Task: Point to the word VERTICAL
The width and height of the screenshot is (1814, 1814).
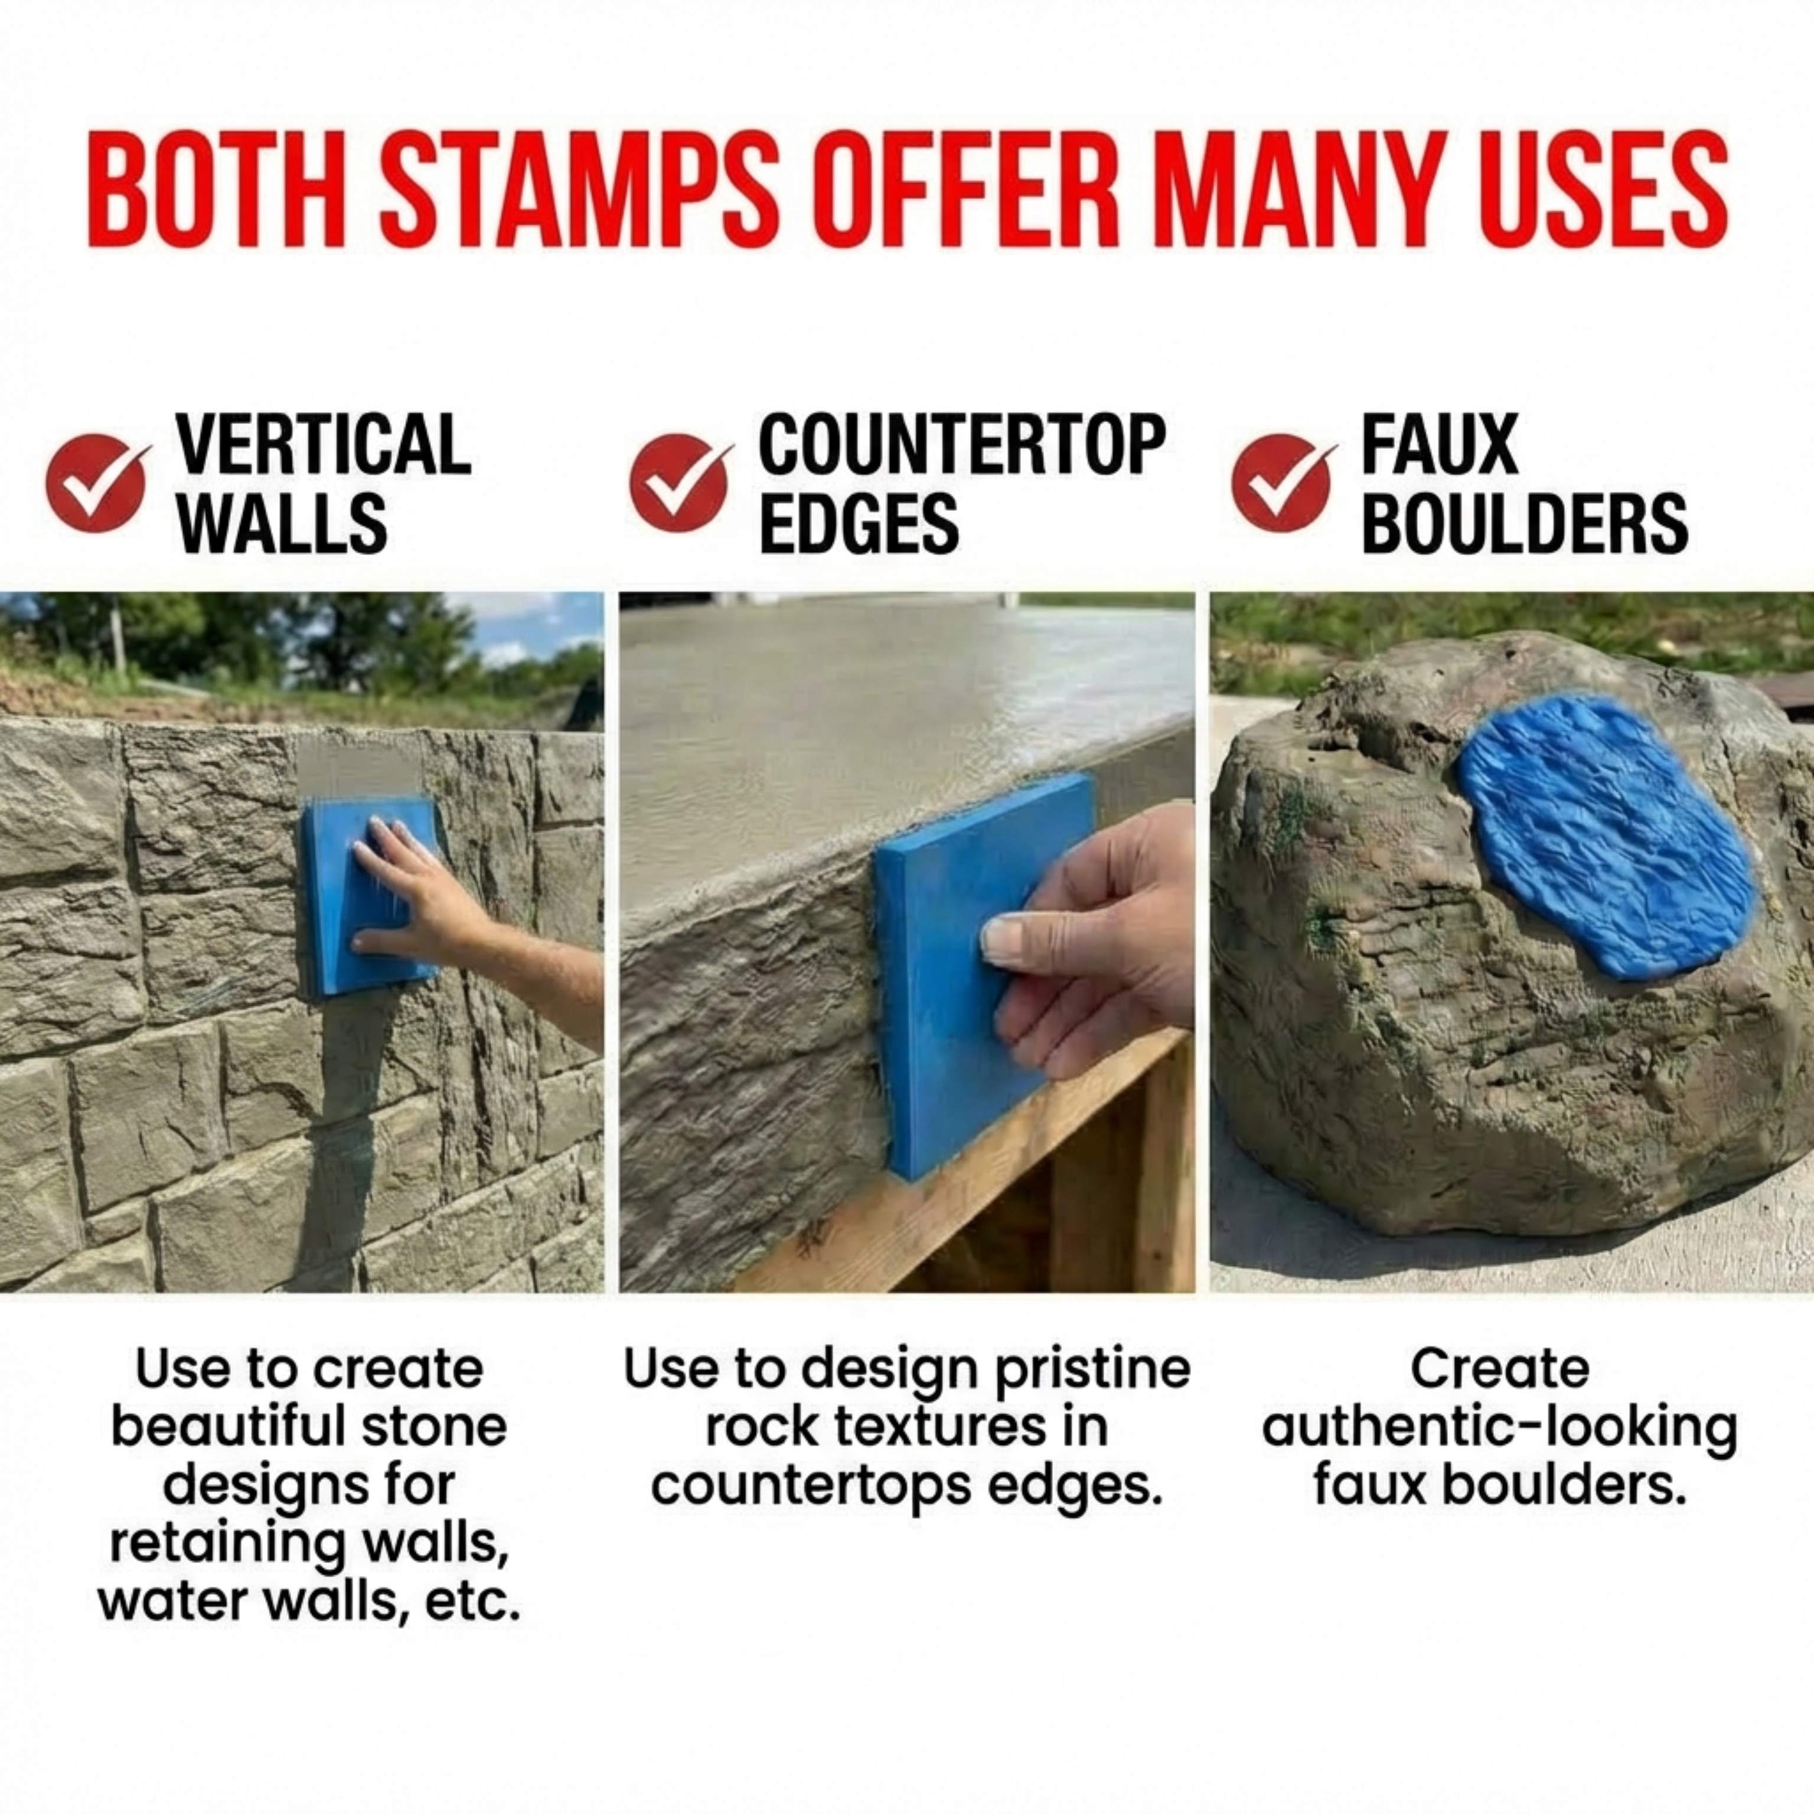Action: pos(324,445)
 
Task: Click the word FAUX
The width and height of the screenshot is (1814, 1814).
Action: pos(1438,445)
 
